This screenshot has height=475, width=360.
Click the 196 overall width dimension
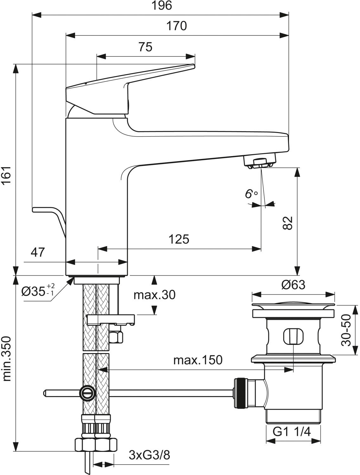coord(162,5)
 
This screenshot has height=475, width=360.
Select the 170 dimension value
coord(177,26)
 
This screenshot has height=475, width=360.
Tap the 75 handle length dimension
coord(145,47)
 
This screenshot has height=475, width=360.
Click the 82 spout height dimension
coord(288,223)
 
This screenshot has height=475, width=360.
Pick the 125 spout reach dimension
coord(179,239)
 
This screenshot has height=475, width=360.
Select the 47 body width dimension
coord(38,252)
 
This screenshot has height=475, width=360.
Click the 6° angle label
coord(251,193)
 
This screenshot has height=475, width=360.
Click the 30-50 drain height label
coord(345,330)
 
